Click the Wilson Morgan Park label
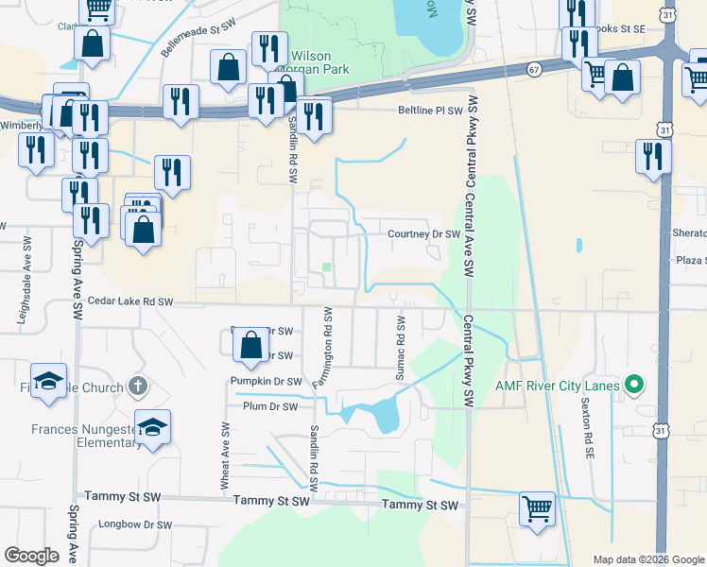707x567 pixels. [321, 62]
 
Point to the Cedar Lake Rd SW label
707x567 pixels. [130, 301]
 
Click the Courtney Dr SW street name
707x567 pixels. [423, 234]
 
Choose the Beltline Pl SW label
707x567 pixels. [428, 110]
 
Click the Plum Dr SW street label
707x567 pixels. [271, 406]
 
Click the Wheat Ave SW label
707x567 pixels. [226, 455]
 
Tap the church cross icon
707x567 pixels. [138, 386]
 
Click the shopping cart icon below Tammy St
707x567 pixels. [538, 508]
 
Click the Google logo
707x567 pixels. [32, 556]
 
